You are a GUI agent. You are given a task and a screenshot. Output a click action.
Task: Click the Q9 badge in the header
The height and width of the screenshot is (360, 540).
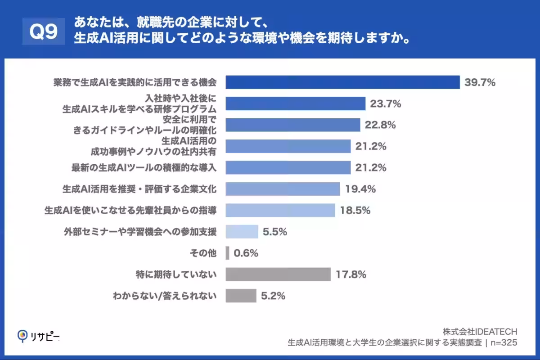[43, 32]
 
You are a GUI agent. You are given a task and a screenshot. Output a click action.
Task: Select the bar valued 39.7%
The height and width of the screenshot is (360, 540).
[342, 82]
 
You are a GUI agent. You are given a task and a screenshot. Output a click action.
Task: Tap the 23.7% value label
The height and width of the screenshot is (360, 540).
[385, 104]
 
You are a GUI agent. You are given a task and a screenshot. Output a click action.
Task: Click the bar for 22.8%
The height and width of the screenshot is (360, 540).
[292, 125]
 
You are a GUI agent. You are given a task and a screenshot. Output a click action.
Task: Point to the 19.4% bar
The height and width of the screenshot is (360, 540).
[283, 189]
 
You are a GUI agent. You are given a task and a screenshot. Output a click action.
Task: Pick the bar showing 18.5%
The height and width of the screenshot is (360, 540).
[280, 210]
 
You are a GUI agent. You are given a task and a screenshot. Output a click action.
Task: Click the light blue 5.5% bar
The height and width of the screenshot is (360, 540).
[242, 232]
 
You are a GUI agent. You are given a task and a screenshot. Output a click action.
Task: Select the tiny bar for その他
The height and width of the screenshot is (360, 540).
[227, 253]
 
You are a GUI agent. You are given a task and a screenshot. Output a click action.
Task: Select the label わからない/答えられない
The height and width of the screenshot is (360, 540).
[164, 296]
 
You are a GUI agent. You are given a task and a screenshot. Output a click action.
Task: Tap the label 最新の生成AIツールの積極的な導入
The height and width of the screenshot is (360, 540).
[144, 168]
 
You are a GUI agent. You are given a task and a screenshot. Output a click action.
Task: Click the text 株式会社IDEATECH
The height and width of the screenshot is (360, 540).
[480, 332]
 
